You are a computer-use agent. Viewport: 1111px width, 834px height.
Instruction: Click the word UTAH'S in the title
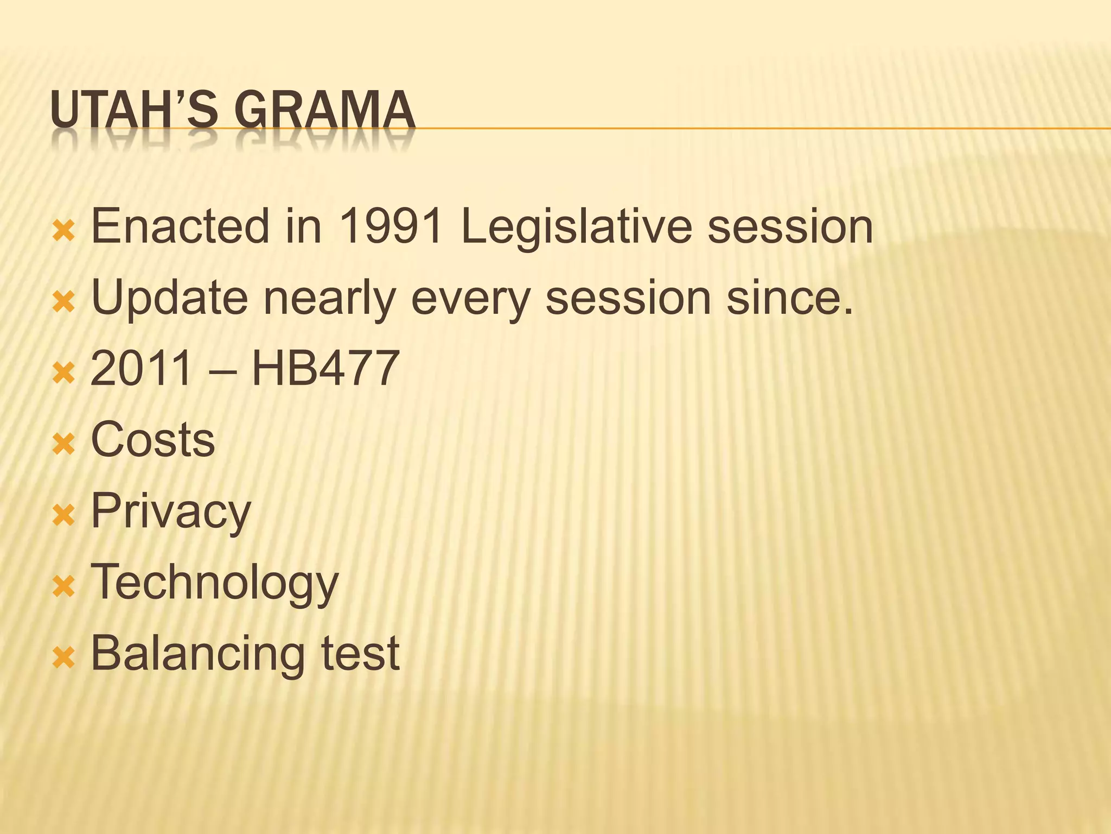(x=133, y=110)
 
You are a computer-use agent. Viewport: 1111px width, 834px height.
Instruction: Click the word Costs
(x=153, y=439)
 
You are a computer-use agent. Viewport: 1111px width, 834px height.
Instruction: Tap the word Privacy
(x=171, y=511)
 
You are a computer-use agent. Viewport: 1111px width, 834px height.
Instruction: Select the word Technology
(x=215, y=583)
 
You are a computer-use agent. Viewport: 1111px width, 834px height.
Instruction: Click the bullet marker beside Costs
(x=63, y=444)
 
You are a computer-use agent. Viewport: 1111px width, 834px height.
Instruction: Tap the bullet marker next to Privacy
(x=63, y=515)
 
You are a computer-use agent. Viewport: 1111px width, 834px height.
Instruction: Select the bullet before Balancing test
(x=63, y=658)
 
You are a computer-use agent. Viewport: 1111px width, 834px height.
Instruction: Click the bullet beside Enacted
(x=63, y=231)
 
